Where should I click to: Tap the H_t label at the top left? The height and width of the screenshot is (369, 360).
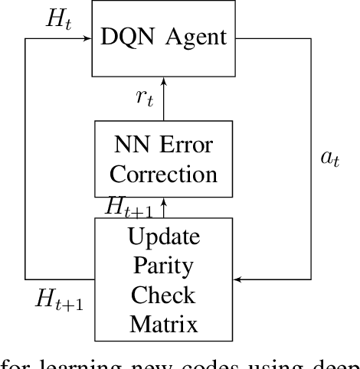57,20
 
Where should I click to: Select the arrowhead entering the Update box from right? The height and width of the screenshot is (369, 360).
237,279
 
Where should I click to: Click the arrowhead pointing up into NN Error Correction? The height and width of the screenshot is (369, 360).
163,201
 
